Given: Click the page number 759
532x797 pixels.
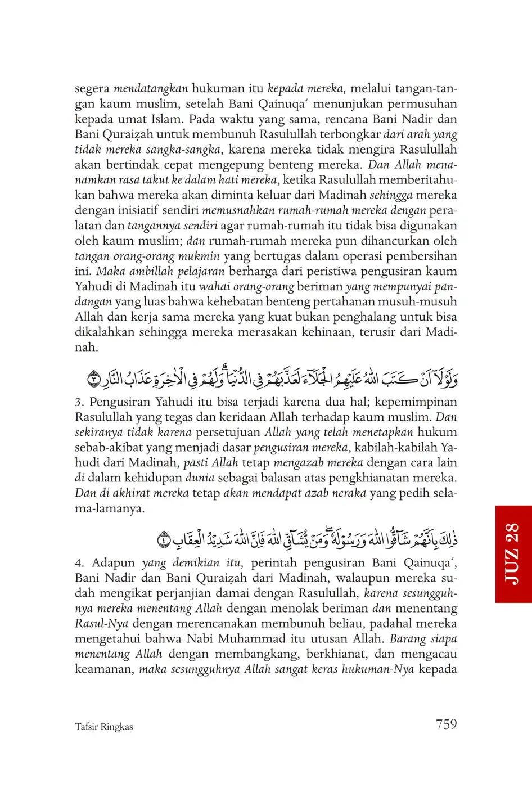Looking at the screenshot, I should click(x=446, y=724).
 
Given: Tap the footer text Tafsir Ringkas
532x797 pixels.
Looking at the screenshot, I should click(x=103, y=727).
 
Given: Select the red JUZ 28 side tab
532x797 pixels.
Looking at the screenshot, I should click(x=513, y=553).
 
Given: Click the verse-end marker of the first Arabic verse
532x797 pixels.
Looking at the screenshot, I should click(x=94, y=381).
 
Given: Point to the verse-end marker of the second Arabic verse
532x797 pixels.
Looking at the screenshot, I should click(x=164, y=541).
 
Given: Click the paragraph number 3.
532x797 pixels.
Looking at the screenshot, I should click(x=79, y=402).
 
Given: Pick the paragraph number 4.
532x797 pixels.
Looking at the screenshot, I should click(x=79, y=563).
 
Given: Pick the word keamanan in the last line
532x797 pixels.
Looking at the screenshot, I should click(x=104, y=669).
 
